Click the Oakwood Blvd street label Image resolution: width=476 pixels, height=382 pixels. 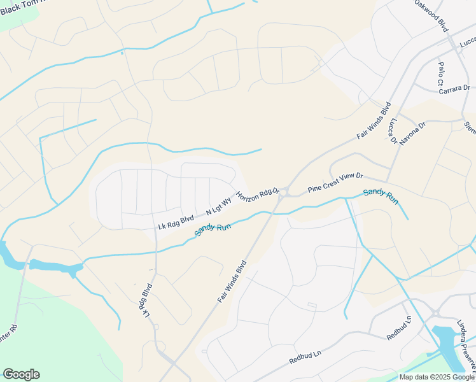(431, 13)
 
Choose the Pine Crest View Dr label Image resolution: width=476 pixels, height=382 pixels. (335, 183)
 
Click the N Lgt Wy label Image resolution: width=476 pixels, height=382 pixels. (218, 207)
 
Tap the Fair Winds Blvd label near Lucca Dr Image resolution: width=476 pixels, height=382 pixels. (373, 121)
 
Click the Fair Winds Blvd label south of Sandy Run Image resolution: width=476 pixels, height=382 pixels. (232, 281)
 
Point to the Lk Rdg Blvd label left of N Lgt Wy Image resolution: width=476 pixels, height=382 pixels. (176, 223)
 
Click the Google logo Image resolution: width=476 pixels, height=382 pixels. (21, 374)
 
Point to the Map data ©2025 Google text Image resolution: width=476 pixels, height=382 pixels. (437, 377)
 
